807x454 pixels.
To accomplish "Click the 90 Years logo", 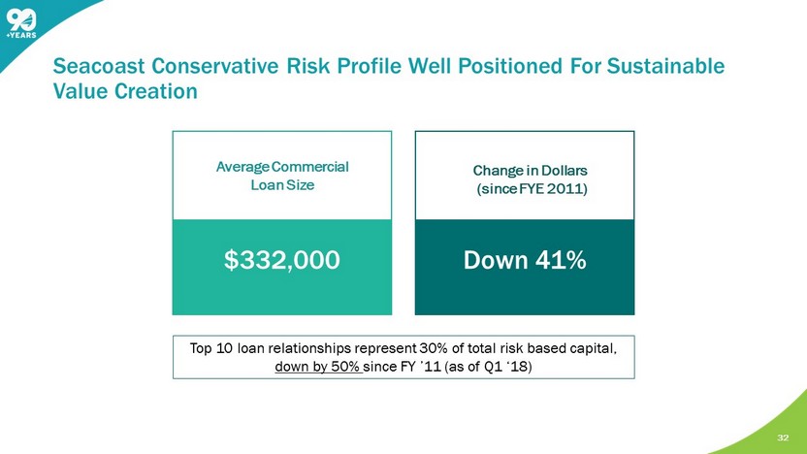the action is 21,24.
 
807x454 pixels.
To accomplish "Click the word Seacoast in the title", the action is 99,66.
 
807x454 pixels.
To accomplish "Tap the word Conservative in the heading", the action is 215,66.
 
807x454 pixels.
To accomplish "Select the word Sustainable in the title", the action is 665,66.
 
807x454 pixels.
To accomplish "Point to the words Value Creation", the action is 125,91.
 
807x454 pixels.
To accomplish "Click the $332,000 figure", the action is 282,260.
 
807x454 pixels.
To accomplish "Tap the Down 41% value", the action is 525,260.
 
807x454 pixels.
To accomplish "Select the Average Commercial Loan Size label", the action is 282,176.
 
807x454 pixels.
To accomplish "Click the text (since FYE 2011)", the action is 532,189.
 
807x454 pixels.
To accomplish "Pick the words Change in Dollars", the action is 531,171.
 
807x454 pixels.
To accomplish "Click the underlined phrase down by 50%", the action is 317,367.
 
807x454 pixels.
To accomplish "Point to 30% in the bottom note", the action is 434,348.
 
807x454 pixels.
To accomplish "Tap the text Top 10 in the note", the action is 211,348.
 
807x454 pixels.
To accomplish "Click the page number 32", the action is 783,438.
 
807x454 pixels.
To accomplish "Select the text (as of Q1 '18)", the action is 488,367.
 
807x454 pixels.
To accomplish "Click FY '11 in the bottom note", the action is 421,367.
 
